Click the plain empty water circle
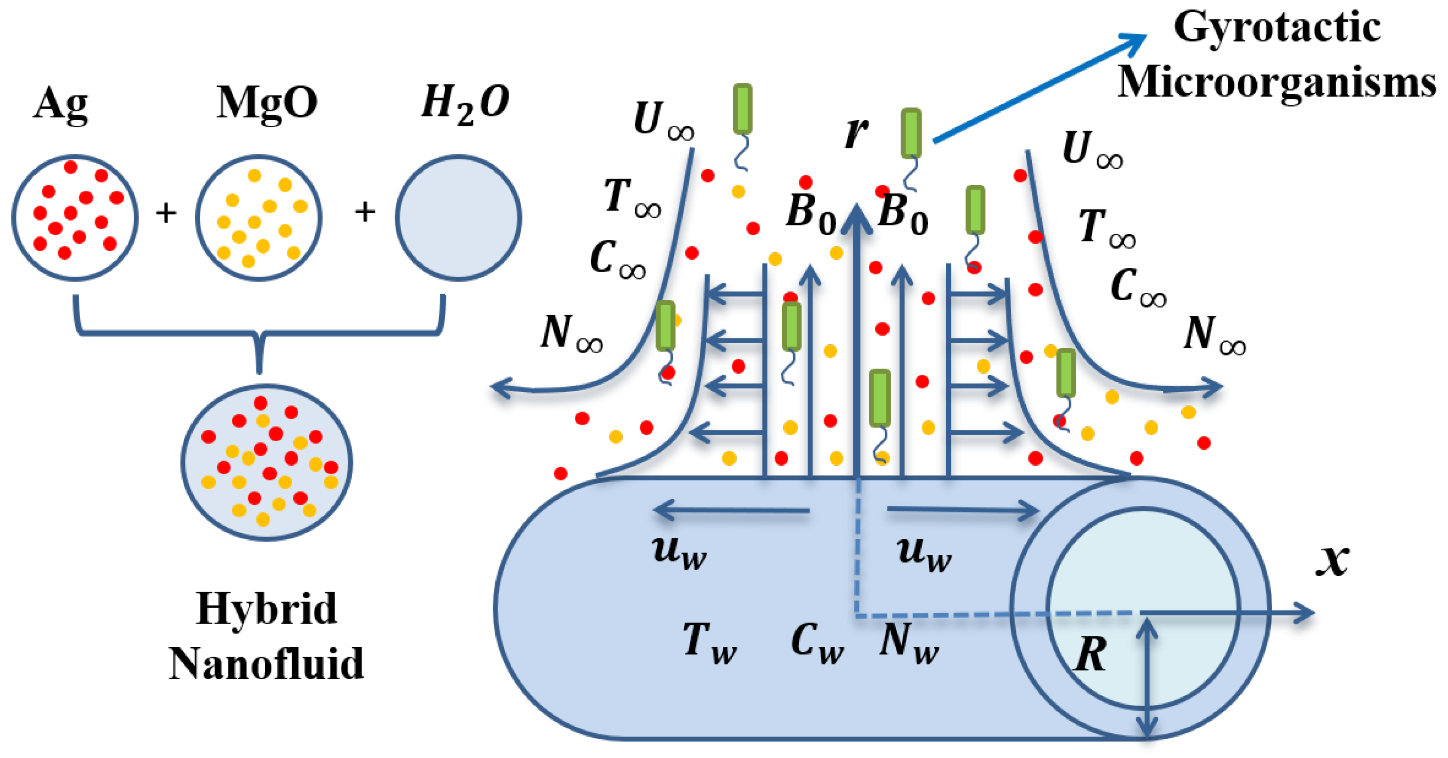pos(458,218)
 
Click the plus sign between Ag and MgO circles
pos(166,213)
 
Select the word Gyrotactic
pos(1276,28)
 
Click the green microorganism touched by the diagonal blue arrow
pos(911,133)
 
